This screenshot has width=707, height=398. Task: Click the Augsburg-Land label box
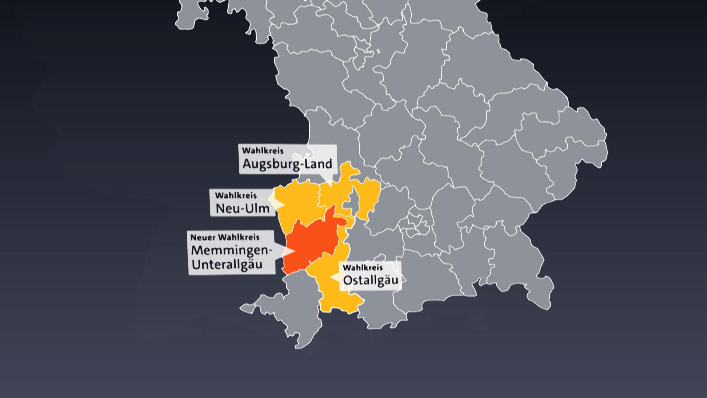pyautogui.click(x=288, y=159)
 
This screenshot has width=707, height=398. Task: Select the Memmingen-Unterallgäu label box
pyautogui.click(x=231, y=252)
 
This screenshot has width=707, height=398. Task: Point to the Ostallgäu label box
pyautogui.click(x=370, y=276)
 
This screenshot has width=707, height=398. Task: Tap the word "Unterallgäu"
pyautogui.click(x=227, y=265)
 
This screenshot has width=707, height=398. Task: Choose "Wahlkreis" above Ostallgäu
pyautogui.click(x=363, y=267)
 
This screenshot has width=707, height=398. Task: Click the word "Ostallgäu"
pyautogui.click(x=370, y=280)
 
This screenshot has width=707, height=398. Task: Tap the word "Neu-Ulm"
pyautogui.click(x=242, y=209)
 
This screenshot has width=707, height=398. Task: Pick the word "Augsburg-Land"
pyautogui.click(x=287, y=163)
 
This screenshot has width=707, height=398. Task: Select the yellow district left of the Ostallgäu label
pyautogui.click(x=324, y=280)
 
